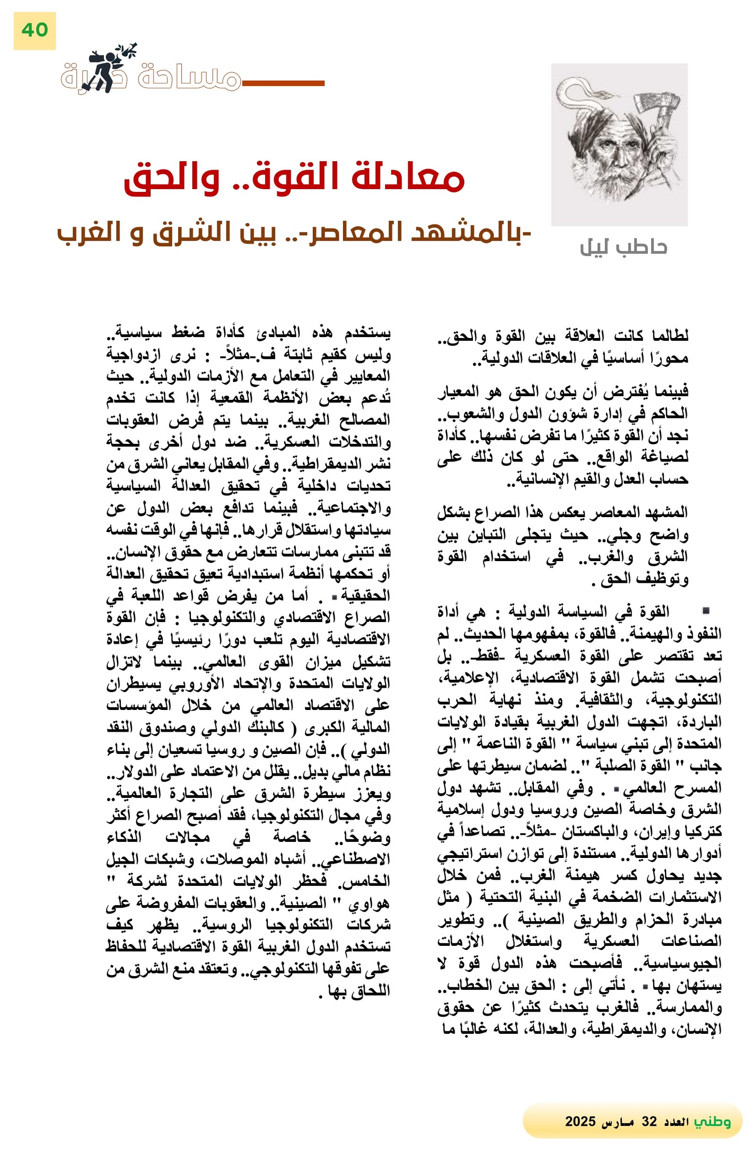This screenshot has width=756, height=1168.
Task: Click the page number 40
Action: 34,30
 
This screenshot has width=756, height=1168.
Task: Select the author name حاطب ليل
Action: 623,247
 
